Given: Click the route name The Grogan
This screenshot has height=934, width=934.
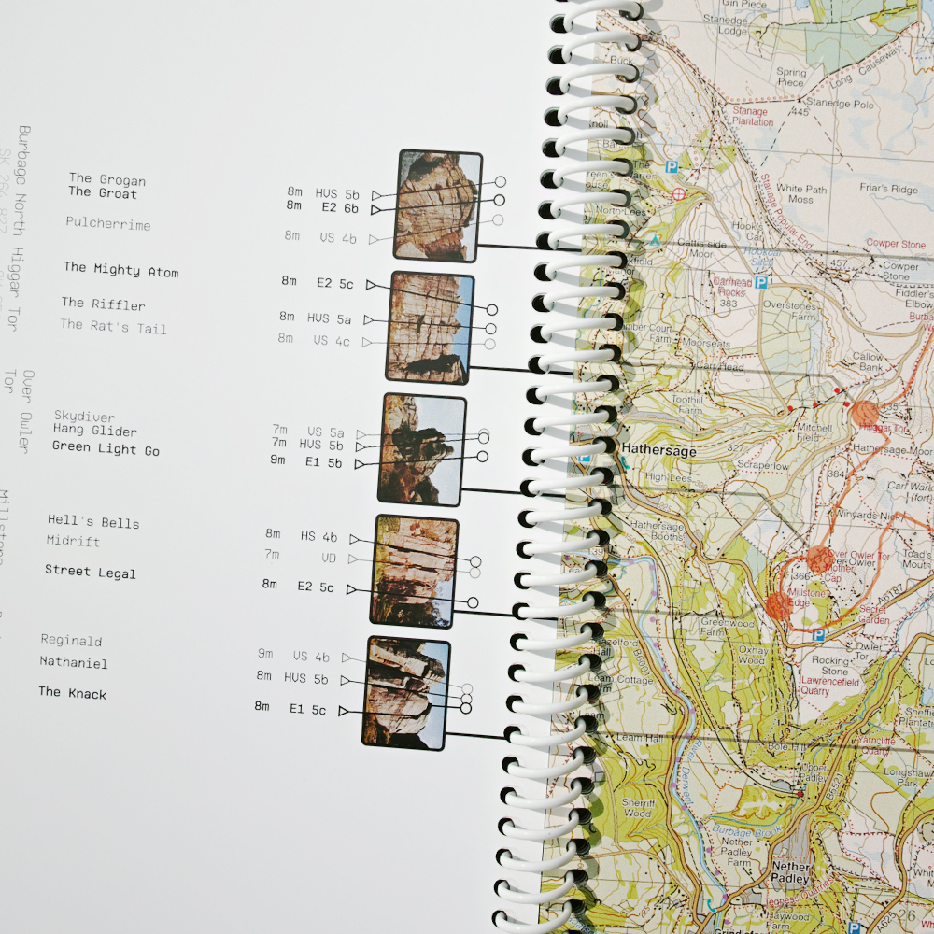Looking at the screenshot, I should [106, 179].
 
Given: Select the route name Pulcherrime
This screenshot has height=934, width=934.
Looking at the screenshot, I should [107, 224].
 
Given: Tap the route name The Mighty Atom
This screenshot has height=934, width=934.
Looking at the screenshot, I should [120, 271].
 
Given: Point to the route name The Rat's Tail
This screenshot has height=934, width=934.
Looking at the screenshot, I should [113, 327].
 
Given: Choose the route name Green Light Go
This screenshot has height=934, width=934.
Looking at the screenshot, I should [106, 449].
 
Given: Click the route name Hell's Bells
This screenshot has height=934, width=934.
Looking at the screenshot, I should [93, 522].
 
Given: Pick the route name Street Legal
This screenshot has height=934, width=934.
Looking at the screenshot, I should [91, 572].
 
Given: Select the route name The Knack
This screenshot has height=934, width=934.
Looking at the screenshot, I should [72, 693].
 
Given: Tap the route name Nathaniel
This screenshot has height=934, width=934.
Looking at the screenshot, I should [73, 663].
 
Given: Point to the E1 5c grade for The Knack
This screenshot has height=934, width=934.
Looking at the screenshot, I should [307, 710].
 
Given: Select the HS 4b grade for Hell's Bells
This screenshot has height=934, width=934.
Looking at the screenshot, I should [318, 537].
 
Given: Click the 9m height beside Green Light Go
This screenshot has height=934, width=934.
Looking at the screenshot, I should [277, 460].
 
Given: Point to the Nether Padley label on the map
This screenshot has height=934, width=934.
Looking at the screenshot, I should [790, 872].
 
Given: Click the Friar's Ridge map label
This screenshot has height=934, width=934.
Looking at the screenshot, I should [888, 190].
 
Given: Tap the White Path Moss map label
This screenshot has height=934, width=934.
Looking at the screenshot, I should [800, 194].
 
